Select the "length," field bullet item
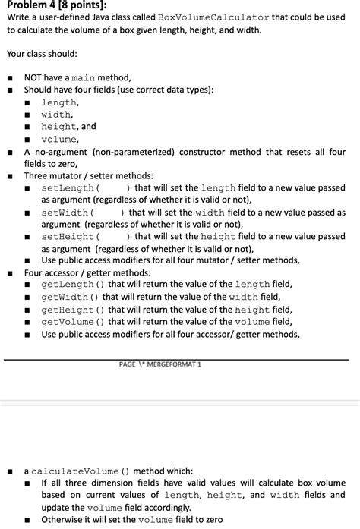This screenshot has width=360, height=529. [x=59, y=102]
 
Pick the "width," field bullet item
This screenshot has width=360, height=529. [x=57, y=115]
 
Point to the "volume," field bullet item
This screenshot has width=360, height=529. [x=60, y=139]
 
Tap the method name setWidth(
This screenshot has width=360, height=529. [x=66, y=213]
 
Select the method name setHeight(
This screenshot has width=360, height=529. [x=68, y=237]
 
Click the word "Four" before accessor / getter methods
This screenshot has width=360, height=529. [x=34, y=272]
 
